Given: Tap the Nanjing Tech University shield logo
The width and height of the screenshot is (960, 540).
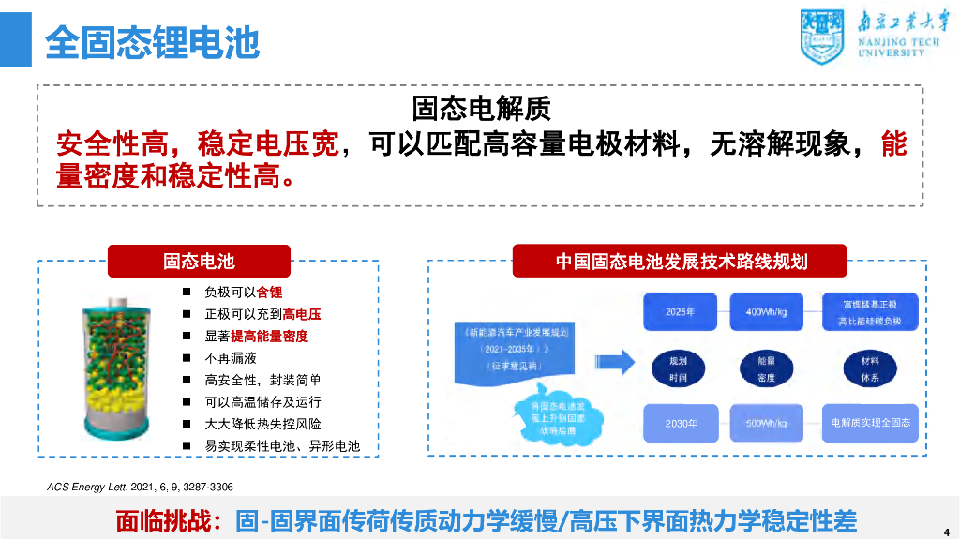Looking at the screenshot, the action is pyautogui.click(x=821, y=34).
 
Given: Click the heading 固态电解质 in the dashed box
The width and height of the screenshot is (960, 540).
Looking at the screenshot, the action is pyautogui.click(x=480, y=110).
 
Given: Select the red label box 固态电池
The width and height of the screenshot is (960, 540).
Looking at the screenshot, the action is pyautogui.click(x=199, y=261).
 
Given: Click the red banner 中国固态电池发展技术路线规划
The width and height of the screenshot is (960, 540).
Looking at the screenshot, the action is pyautogui.click(x=681, y=261).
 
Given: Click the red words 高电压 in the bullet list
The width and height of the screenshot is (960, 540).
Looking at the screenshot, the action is pyautogui.click(x=302, y=314).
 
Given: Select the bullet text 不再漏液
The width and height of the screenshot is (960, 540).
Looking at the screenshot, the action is pyautogui.click(x=231, y=358).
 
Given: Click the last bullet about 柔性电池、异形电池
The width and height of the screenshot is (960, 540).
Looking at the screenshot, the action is pyautogui.click(x=282, y=446).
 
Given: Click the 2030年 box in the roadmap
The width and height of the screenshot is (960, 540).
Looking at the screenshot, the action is pyautogui.click(x=681, y=423).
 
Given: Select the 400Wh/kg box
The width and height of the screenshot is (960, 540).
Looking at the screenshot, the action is pyautogui.click(x=767, y=311).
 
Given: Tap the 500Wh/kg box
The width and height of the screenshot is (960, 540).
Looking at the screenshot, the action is pyautogui.click(x=767, y=423).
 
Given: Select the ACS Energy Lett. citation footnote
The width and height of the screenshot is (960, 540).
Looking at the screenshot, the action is pyautogui.click(x=140, y=487).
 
